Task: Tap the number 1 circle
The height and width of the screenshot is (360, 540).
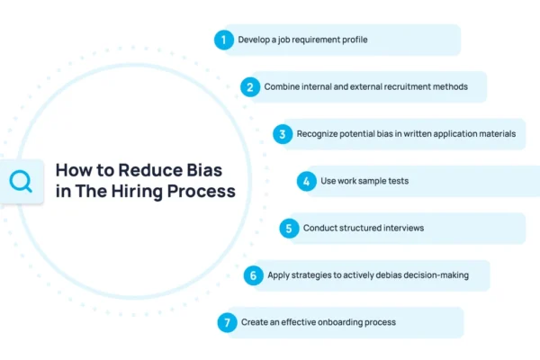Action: (222, 40)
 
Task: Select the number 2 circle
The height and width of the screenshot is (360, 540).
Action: (249, 87)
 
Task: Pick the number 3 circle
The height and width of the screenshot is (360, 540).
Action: (282, 134)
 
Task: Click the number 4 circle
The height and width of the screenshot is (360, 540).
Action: (307, 181)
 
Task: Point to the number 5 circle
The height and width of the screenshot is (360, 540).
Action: (289, 228)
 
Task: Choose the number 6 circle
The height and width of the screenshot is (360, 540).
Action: (253, 275)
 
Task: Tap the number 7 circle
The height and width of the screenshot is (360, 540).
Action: (227, 322)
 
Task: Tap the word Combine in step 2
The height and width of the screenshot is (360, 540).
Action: (283, 87)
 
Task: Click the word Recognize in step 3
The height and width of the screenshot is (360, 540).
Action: (317, 134)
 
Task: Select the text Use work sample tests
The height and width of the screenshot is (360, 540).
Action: (365, 181)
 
